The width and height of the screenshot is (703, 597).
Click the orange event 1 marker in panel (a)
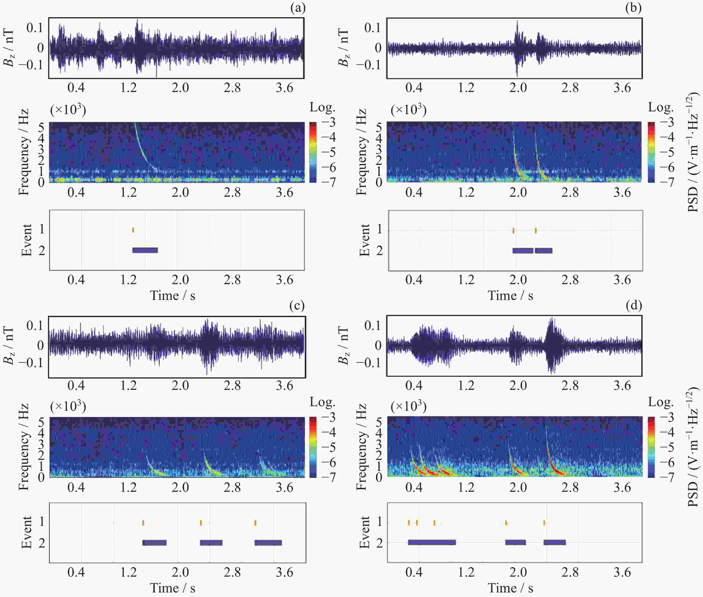pos(133,230)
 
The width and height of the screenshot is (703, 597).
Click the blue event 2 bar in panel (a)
pos(145,250)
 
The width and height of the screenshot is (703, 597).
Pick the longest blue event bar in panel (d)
pos(432,542)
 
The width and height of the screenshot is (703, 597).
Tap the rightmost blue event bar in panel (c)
pos(268,542)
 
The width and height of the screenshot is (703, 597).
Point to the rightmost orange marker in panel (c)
pos(255,523)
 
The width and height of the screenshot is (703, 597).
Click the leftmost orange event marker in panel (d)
pos(409,523)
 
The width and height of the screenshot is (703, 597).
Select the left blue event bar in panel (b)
pos(523,250)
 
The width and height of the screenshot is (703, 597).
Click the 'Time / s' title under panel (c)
pos(172,588)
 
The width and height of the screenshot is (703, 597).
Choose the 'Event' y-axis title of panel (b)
pos(365,240)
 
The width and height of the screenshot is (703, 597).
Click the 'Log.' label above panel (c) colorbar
pos(322,402)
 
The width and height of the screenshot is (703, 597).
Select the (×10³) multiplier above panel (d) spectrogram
pos(408,405)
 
